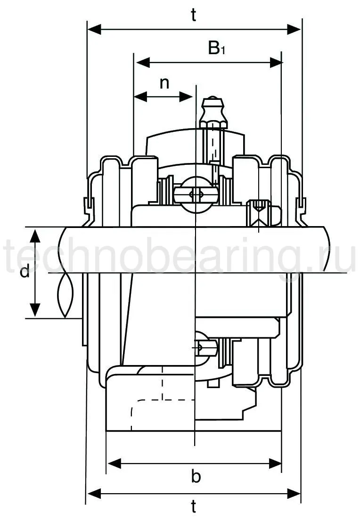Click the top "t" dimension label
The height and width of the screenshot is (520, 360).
(x=194, y=16)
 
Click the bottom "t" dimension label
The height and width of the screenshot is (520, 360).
(x=194, y=507)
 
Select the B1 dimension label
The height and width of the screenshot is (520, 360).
(x=216, y=48)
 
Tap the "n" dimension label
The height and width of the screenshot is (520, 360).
(x=164, y=83)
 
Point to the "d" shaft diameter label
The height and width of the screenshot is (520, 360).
(x=25, y=272)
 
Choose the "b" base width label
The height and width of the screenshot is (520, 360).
(x=196, y=477)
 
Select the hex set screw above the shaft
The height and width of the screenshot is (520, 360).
(x=259, y=211)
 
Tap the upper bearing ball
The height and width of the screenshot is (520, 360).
(x=196, y=194)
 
